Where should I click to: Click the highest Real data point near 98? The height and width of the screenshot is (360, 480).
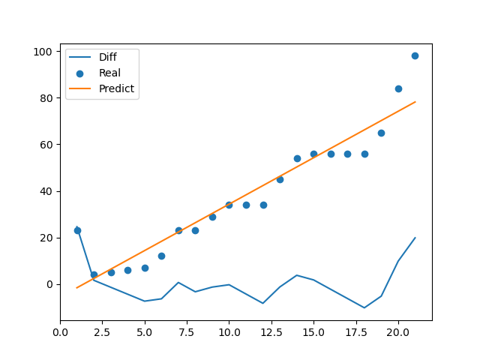tap(415, 55)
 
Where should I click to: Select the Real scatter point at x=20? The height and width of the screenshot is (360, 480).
tap(398, 88)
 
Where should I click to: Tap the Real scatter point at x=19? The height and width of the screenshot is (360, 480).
tap(381, 133)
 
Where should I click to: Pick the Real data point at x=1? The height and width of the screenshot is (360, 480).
tap(77, 230)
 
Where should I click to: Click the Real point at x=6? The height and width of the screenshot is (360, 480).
tap(161, 256)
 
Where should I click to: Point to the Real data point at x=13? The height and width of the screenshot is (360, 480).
tap(280, 179)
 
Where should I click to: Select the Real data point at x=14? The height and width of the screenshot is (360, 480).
tap(297, 158)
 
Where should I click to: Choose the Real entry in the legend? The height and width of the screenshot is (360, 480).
tap(109, 73)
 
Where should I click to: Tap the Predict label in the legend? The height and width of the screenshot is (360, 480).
tap(116, 88)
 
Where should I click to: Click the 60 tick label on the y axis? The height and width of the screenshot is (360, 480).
tap(49, 145)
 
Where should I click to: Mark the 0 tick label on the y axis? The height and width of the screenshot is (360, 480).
tap(52, 284)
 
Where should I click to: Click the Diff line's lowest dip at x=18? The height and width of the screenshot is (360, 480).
tap(364, 307)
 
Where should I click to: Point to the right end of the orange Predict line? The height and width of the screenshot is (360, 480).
tap(415, 102)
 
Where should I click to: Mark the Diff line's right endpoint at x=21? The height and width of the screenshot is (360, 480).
tap(415, 238)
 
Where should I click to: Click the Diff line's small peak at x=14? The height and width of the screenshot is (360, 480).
tap(297, 275)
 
